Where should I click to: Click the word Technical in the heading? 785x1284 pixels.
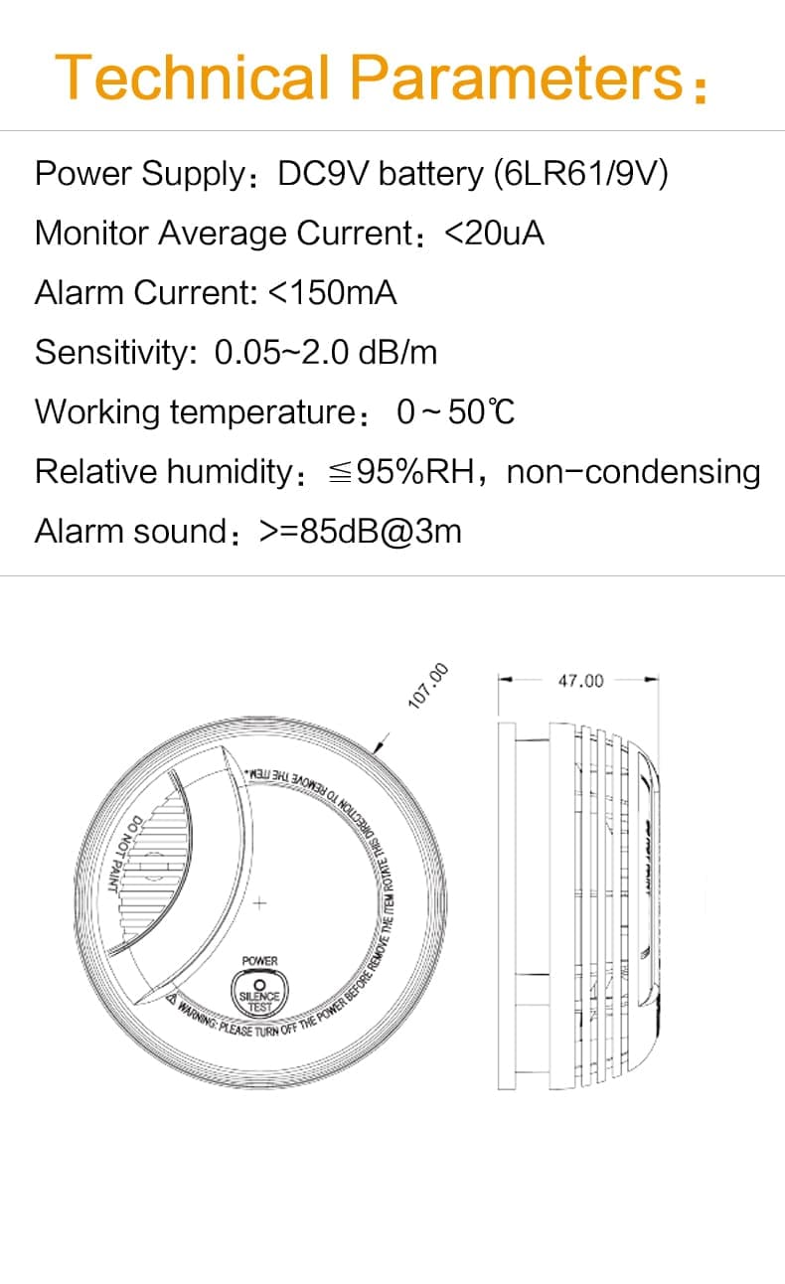(191, 78)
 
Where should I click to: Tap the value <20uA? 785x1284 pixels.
(494, 234)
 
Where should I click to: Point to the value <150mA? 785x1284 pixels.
(333, 293)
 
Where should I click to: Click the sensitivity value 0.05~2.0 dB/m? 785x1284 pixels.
(326, 353)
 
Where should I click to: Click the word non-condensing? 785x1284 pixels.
(633, 472)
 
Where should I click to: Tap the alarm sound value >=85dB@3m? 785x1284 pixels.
(361, 532)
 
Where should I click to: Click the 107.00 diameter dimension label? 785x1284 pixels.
(429, 687)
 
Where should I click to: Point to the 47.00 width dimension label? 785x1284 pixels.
(580, 681)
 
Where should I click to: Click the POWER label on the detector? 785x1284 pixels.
(260, 961)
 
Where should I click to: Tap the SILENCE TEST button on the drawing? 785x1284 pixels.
(260, 995)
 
